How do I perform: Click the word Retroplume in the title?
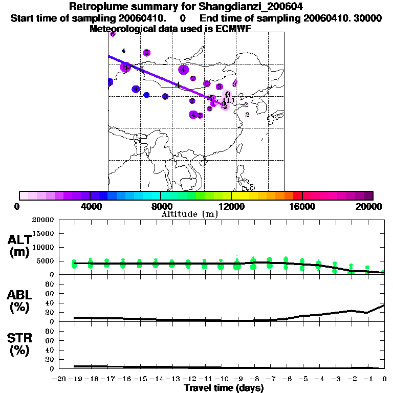95,7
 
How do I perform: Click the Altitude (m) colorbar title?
189,214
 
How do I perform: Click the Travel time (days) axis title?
224,388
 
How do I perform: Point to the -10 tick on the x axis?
221,379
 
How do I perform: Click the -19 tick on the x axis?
74,379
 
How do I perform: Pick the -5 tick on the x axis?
302,379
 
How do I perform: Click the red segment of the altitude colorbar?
297,195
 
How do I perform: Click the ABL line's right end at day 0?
384,305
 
